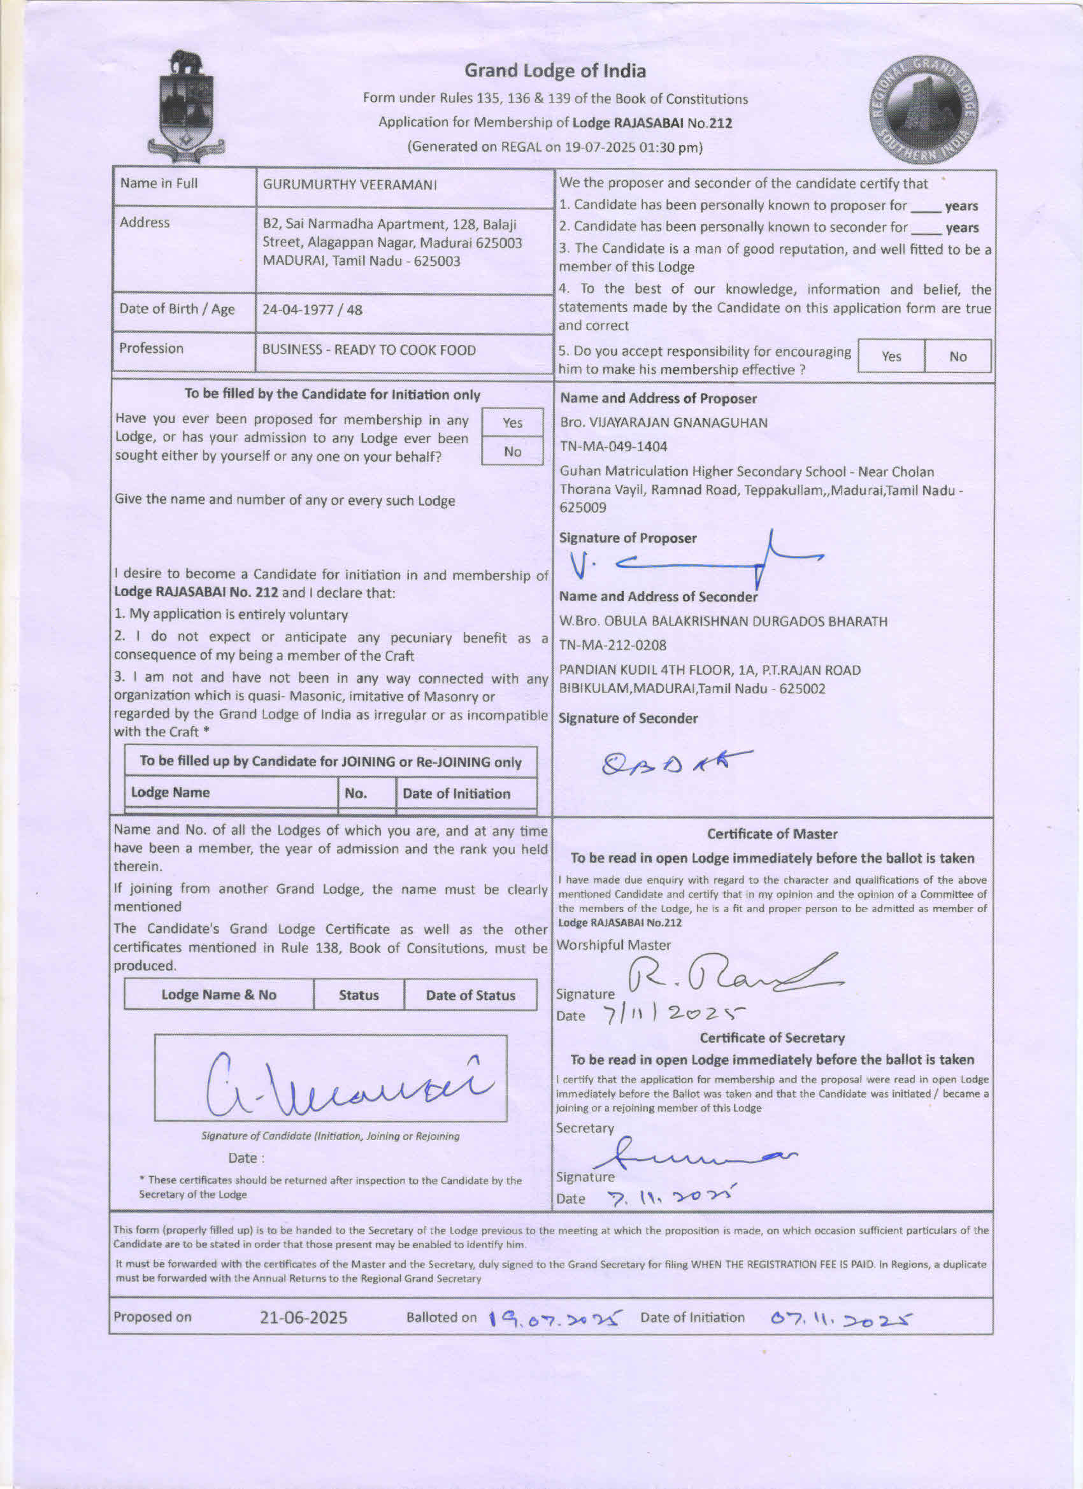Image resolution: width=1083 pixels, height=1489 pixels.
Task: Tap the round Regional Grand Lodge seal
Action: [x=924, y=109]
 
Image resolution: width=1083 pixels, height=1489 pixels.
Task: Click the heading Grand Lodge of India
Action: [x=555, y=71]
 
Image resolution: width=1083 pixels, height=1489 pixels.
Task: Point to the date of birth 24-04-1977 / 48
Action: [x=312, y=310]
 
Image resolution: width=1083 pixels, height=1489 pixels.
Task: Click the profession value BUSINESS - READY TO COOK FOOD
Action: [x=368, y=350]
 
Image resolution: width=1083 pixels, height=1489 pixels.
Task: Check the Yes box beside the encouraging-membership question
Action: [x=891, y=357]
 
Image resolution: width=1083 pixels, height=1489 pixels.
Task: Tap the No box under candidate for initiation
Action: [x=512, y=452]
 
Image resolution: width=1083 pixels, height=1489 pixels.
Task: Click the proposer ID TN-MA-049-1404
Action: [x=613, y=447]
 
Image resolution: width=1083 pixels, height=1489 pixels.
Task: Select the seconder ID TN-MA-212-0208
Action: [x=613, y=646]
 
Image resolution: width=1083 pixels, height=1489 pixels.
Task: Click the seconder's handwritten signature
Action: [x=677, y=762]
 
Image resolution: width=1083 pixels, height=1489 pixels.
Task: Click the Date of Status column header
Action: [x=470, y=995]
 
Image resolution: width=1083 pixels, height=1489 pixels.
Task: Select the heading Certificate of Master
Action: [x=772, y=834]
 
